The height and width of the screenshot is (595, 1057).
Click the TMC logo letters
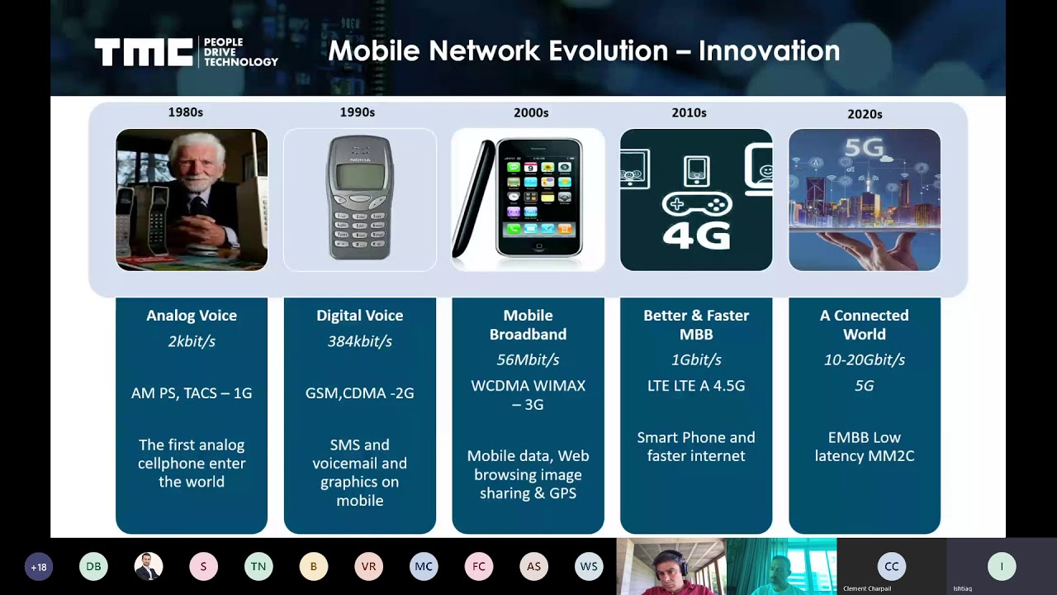[144, 52]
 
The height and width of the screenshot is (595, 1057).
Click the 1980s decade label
[186, 112]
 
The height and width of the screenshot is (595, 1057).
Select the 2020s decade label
[865, 114]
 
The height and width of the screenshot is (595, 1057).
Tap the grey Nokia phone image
[359, 198]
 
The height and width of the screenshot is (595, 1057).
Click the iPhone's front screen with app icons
[539, 197]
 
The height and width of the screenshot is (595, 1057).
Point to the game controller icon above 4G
[697, 205]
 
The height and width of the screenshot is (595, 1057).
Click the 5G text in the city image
[864, 149]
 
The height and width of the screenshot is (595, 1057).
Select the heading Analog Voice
[192, 316]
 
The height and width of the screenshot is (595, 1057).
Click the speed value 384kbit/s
[360, 341]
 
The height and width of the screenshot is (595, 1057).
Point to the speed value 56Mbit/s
[528, 359]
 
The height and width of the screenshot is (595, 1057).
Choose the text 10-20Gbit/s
[865, 359]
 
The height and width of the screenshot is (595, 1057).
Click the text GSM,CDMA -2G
[360, 393]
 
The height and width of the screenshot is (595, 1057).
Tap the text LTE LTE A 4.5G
[696, 386]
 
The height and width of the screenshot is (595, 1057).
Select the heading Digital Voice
[360, 316]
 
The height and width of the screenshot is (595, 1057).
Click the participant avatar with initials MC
[424, 566]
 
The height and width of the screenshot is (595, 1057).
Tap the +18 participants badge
[39, 567]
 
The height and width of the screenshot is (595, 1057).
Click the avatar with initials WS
[589, 566]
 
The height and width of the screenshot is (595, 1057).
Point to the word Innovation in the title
[769, 51]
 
